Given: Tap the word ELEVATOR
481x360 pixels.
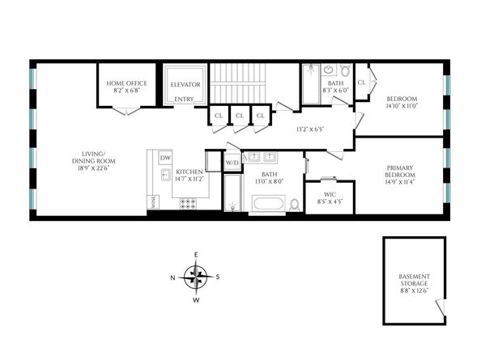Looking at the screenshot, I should point(184,83).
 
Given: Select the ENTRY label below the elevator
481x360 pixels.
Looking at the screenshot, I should point(185,100).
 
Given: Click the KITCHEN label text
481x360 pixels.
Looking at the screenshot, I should point(189,172).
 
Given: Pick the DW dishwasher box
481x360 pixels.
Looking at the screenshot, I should point(165,158).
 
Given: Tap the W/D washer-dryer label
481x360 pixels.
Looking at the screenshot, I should point(232,163).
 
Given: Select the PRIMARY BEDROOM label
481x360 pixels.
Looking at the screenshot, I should point(400,172).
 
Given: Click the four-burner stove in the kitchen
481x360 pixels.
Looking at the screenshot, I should point(188,202).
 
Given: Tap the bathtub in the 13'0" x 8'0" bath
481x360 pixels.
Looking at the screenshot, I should point(266,203).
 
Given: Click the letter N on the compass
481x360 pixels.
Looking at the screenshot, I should point(172,277).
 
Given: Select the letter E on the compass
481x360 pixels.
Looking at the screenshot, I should point(195,255).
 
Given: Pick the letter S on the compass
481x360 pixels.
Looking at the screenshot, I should point(218,277).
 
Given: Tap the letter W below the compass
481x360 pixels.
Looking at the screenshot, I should point(195,300).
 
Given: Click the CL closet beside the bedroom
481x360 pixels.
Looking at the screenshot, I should point(361,82).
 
